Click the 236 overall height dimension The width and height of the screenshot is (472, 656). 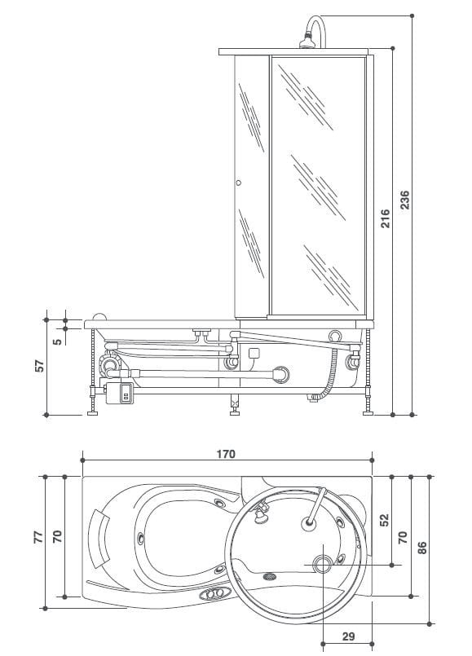coord(405,199)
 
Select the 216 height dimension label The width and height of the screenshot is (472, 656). coord(386,218)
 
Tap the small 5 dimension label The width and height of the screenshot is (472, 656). coord(56,338)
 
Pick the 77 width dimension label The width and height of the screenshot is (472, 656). coord(37,538)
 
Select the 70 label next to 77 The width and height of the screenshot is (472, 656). coord(57,538)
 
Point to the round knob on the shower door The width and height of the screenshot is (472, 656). coord(238,183)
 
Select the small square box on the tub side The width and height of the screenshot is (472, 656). coord(254,354)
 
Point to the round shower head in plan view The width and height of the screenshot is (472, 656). coord(311,523)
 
